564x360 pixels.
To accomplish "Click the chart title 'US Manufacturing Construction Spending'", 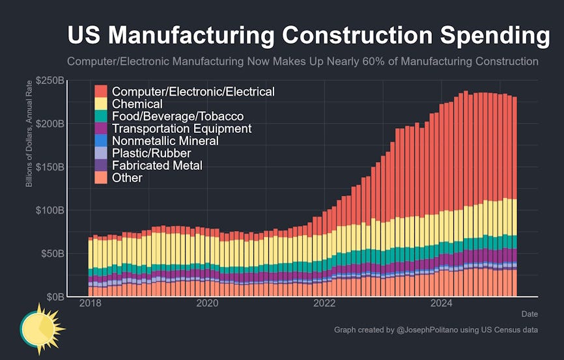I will click(308, 36).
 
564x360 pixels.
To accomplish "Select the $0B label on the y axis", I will click(53, 296).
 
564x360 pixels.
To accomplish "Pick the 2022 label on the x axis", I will click(324, 304).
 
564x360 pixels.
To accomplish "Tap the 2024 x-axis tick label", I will click(442, 304).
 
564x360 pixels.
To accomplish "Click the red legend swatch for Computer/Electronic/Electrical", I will click(101, 92).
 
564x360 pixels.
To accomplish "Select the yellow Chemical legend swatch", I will click(101, 104).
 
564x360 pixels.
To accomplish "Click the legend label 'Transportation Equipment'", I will click(181, 128).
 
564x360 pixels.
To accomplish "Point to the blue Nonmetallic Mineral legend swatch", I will click(101, 141).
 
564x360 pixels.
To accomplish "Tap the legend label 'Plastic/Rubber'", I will click(151, 153).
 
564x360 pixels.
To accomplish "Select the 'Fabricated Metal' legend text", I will click(157, 165).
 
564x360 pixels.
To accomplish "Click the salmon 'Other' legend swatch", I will click(101, 178).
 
